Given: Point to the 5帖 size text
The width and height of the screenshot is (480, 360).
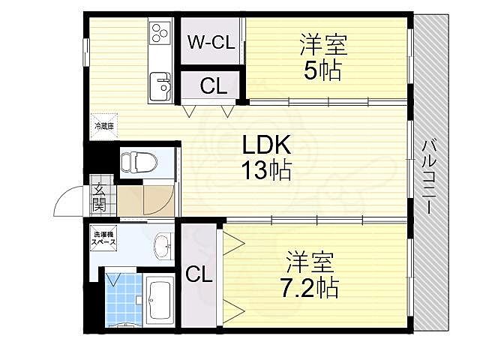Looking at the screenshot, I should coord(324,71).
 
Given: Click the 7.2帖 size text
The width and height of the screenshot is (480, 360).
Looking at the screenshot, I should coord(310,286).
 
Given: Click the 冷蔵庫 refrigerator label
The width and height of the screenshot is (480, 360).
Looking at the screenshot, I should coord(103,127).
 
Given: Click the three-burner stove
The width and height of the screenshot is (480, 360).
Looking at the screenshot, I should coord(162,32).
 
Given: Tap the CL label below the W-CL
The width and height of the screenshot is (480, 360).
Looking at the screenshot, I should coord(212,86).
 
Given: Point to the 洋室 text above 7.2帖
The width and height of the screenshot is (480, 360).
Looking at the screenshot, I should coord(310,262).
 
